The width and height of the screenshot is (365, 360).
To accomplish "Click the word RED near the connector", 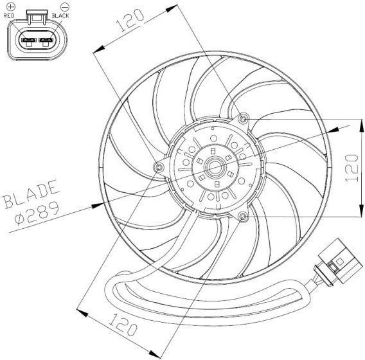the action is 9,15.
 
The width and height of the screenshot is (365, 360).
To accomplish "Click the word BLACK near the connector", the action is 60,15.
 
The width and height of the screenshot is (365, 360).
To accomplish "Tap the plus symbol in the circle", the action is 11,7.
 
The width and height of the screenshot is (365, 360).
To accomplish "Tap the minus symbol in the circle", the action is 65,7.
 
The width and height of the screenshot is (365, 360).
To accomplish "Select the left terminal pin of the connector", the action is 29,40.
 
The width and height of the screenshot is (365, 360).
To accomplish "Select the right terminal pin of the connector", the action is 46,40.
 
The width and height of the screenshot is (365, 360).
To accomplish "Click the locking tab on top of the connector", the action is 37,17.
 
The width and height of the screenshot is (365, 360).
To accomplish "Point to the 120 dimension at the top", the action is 130,21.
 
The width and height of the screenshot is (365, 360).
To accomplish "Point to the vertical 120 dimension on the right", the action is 352,168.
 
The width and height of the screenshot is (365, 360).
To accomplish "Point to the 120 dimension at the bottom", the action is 123,325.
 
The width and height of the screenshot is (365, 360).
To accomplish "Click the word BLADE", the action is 30,194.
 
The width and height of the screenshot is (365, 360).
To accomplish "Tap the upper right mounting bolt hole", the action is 244,119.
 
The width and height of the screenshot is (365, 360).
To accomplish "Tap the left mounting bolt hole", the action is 159,167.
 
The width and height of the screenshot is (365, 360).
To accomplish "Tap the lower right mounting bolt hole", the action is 244,217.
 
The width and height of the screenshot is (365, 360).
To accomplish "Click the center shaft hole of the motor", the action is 215,167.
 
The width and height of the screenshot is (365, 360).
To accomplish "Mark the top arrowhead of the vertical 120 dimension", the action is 361,126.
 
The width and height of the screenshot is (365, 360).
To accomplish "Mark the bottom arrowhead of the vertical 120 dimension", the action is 361,210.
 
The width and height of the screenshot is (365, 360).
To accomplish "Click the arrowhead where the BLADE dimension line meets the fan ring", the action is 97,205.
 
